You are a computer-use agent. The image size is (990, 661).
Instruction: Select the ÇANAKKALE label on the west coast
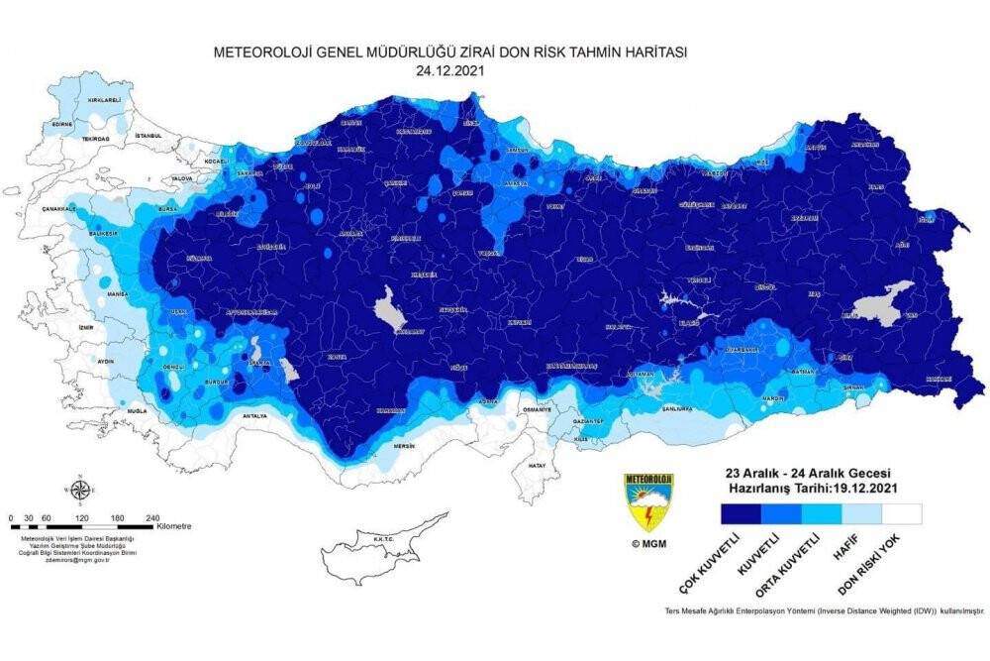click(x=57, y=209)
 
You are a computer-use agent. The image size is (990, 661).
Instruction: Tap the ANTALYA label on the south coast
click(x=253, y=415)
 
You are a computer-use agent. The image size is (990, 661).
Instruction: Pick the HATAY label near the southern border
click(x=538, y=464)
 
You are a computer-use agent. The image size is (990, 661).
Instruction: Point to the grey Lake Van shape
click(x=884, y=301)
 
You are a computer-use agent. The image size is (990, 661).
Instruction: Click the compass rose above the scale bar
click(x=79, y=491)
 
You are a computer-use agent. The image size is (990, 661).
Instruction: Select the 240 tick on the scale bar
click(x=153, y=517)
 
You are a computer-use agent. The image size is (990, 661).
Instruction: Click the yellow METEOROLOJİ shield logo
click(x=648, y=500)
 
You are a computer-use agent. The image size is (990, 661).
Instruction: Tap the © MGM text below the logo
click(x=648, y=543)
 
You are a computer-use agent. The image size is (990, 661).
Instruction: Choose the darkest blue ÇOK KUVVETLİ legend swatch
click(x=741, y=513)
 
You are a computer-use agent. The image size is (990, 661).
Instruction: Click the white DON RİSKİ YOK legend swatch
click(x=901, y=513)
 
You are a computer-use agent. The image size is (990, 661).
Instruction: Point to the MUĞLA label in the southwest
click(x=137, y=408)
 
